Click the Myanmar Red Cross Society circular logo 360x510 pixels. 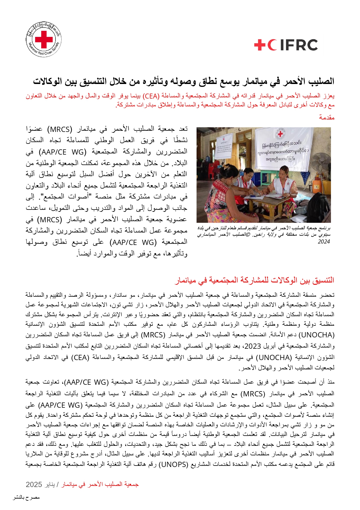pos(44,39)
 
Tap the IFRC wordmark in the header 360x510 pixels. pos(286,45)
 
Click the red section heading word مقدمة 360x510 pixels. pos(327,117)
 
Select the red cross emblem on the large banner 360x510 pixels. pos(280,134)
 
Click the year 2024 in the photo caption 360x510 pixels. pos(324,241)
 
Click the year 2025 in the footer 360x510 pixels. pos(34,484)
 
